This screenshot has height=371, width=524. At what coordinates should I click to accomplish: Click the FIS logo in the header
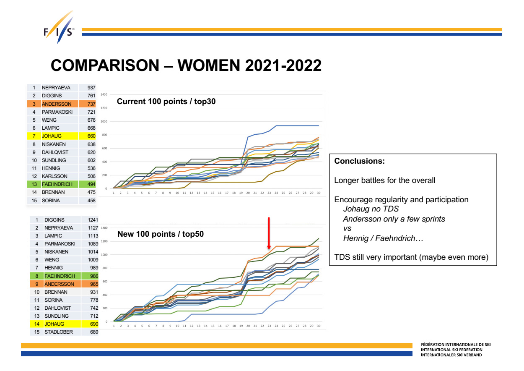(59, 30)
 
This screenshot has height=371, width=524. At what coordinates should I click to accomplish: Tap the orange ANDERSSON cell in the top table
(57, 104)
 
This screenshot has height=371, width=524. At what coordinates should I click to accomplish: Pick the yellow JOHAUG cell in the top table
(51, 136)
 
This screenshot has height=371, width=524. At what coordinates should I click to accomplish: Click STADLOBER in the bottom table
(59, 332)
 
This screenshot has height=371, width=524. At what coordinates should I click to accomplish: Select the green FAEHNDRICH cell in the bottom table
(60, 276)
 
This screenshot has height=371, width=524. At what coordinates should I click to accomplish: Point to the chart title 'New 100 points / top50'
(161, 234)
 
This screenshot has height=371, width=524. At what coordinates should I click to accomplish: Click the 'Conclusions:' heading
(359, 161)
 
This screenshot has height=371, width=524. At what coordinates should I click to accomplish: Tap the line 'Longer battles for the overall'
(384, 180)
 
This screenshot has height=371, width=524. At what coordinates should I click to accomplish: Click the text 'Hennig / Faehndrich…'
(383, 238)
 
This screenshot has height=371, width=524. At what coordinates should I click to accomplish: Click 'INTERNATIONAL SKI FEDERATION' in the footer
(451, 350)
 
